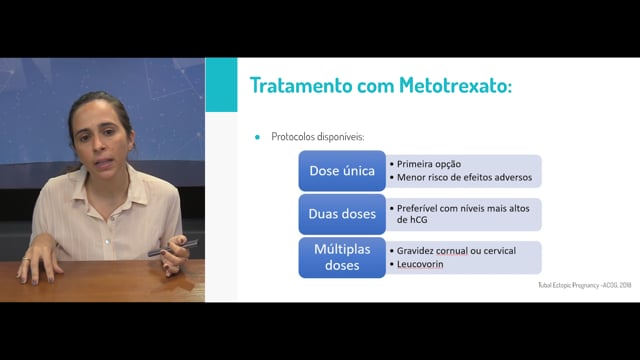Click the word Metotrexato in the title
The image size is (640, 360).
coord(455,85)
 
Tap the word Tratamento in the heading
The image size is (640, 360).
coord(301,85)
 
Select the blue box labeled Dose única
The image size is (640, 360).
coord(342,171)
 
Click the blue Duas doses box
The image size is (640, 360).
coord(342,214)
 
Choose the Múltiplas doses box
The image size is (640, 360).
coord(342,257)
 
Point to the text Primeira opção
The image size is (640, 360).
coord(429,164)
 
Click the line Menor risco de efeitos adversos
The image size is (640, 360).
coord(464,178)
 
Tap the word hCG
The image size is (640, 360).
coord(412,220)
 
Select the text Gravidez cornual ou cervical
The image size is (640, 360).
coord(456,251)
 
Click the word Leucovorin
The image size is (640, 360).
coord(420,264)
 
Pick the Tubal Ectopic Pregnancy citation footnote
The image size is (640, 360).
coord(584,285)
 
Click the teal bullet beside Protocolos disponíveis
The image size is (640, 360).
coord(257,137)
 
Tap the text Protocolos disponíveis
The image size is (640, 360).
coord(318,137)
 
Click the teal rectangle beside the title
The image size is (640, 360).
coord(221,84)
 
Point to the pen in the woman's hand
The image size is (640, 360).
coord(173,248)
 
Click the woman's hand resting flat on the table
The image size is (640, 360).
coord(39,264)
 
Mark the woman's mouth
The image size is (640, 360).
coord(104,163)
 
